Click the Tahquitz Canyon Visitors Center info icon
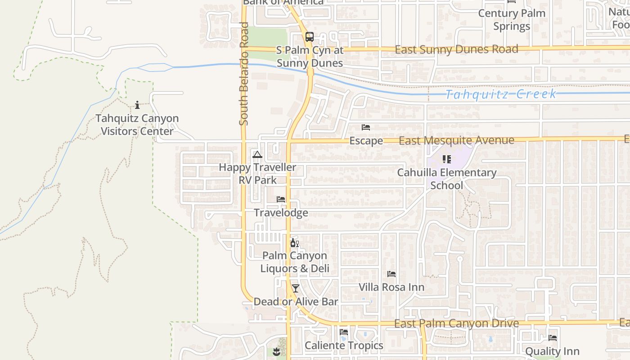(x=137, y=105)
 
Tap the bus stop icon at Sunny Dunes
(x=309, y=37)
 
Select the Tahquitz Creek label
(x=501, y=94)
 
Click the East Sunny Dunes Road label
(x=456, y=49)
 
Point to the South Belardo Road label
(x=244, y=73)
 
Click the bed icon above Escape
(x=366, y=127)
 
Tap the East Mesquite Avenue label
(x=456, y=140)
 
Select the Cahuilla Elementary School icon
(x=446, y=159)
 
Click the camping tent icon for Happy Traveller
(x=257, y=155)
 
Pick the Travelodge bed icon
(x=281, y=199)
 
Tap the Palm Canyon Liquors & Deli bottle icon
(x=294, y=243)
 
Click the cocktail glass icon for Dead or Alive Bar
(x=295, y=288)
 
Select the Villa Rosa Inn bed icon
(x=391, y=274)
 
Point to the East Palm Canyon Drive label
(x=456, y=324)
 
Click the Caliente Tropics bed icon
(x=344, y=332)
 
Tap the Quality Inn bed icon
(x=553, y=337)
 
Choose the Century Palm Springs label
(x=512, y=20)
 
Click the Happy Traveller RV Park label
(x=257, y=174)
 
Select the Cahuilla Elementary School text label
(x=446, y=179)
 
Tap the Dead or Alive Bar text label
(x=296, y=301)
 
